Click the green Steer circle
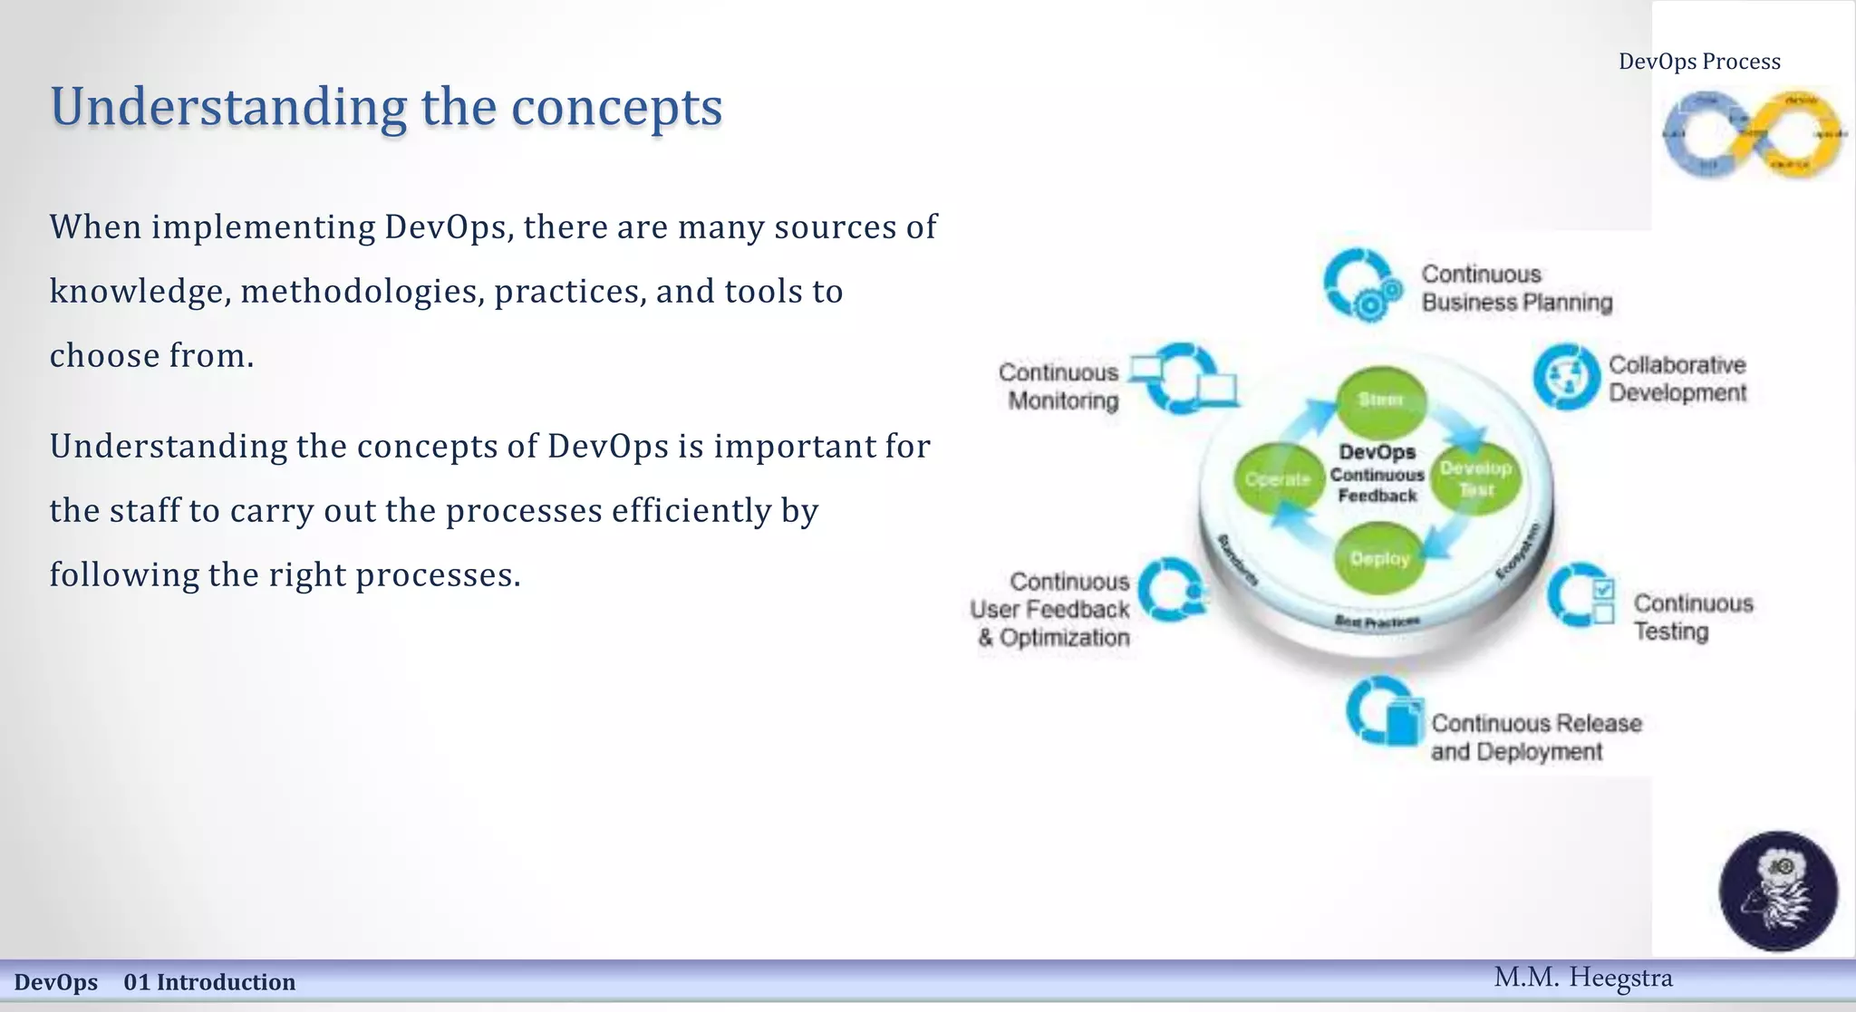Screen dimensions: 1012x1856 [x=1380, y=400]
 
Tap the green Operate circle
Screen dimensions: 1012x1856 [x=1278, y=478]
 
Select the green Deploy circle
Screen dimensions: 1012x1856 [x=1379, y=558]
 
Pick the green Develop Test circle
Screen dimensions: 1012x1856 [x=1475, y=478]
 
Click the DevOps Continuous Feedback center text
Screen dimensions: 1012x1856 [x=1377, y=473]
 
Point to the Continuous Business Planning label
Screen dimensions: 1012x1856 [x=1516, y=288]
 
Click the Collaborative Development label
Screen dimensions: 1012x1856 [x=1677, y=379]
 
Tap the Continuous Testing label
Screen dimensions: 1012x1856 [x=1692, y=617]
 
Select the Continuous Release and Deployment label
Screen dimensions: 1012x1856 [x=1535, y=737]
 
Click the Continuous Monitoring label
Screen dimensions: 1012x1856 [x=1058, y=386]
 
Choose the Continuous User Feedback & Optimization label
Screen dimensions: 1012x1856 [x=1051, y=609]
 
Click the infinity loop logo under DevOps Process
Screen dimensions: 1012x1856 [x=1753, y=134]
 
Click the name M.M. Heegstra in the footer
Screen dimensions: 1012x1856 [x=1582, y=978]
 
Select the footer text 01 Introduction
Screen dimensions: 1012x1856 [x=209, y=982]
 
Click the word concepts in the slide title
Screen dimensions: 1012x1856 [x=616, y=107]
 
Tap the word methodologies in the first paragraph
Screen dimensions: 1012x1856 [x=362, y=292]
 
